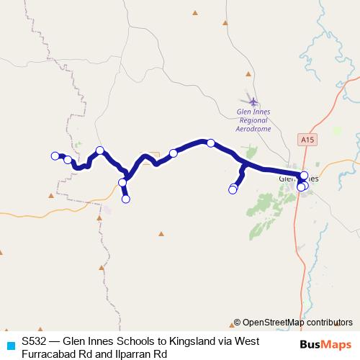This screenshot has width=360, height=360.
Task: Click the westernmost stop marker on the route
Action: pyautogui.click(x=54, y=156)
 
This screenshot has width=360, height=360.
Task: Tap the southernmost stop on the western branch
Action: pyautogui.click(x=126, y=199)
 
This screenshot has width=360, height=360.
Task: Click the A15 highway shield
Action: pyautogui.click(x=307, y=138)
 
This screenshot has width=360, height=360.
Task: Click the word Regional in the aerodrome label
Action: pyautogui.click(x=253, y=120)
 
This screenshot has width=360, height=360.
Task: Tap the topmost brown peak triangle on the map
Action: pyautogui.click(x=195, y=12)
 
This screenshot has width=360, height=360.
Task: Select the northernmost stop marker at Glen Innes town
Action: pyautogui.click(x=304, y=176)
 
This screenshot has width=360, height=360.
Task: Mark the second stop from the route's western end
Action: pyautogui.click(x=68, y=160)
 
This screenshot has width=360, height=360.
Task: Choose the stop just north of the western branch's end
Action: pyautogui.click(x=122, y=183)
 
